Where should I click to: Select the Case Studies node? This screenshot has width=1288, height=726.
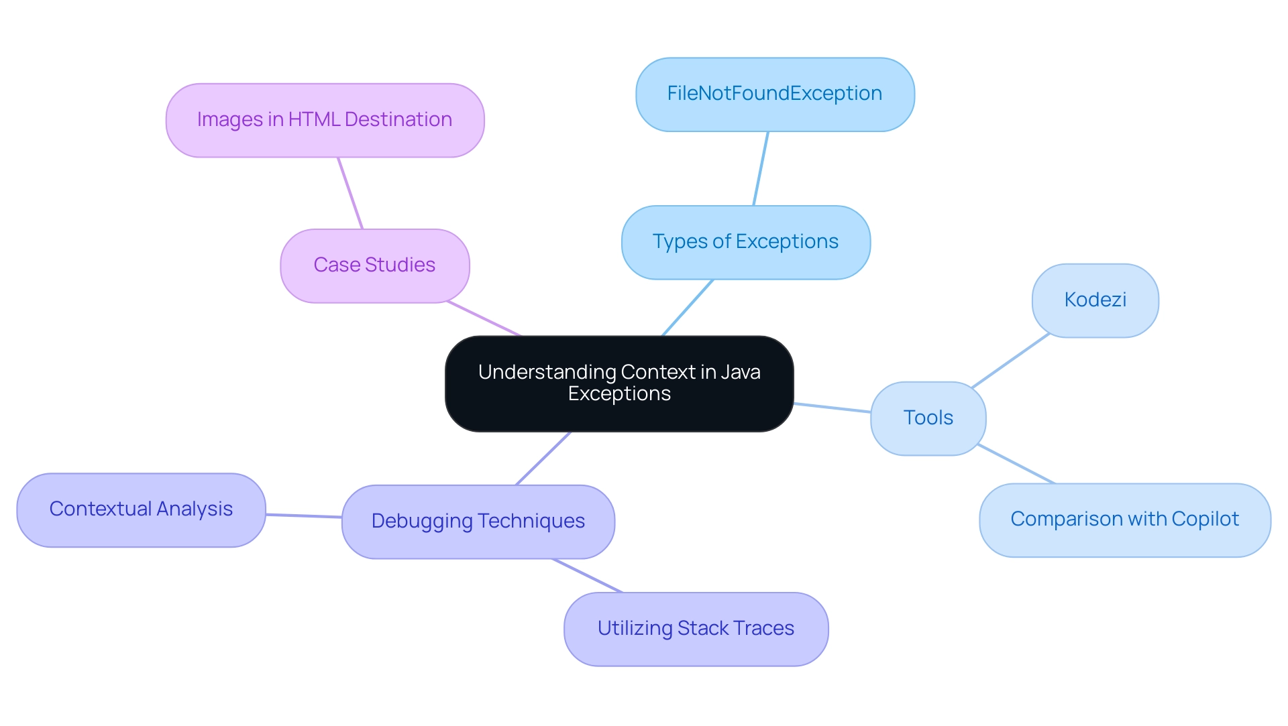tap(374, 265)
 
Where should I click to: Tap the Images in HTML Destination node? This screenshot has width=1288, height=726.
tap(325, 120)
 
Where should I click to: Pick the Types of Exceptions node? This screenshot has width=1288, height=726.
tap(745, 242)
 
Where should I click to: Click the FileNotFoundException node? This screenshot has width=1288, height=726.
tap(775, 94)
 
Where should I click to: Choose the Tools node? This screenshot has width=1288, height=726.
tap(928, 418)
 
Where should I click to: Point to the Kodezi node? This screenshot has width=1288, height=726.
tap(1095, 300)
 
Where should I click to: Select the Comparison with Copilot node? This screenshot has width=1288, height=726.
tap(1124, 520)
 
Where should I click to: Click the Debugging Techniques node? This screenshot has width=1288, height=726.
tap(478, 522)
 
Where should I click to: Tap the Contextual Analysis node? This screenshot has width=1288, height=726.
tap(141, 509)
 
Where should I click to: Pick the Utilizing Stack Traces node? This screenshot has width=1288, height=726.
tap(696, 629)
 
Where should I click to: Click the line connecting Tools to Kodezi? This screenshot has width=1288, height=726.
tap(1010, 361)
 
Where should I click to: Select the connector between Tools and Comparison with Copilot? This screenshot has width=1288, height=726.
tap(1016, 463)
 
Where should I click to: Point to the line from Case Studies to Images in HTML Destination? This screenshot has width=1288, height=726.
tap(350, 193)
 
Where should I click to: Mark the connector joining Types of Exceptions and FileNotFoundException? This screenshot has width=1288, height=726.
tap(761, 168)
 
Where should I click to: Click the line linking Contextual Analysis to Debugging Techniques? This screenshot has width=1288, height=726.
tap(304, 516)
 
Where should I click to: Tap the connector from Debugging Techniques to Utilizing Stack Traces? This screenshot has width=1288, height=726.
tap(588, 575)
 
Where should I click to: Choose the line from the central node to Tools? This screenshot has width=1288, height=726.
tap(832, 408)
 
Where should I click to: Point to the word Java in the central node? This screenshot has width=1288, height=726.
tap(741, 372)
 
